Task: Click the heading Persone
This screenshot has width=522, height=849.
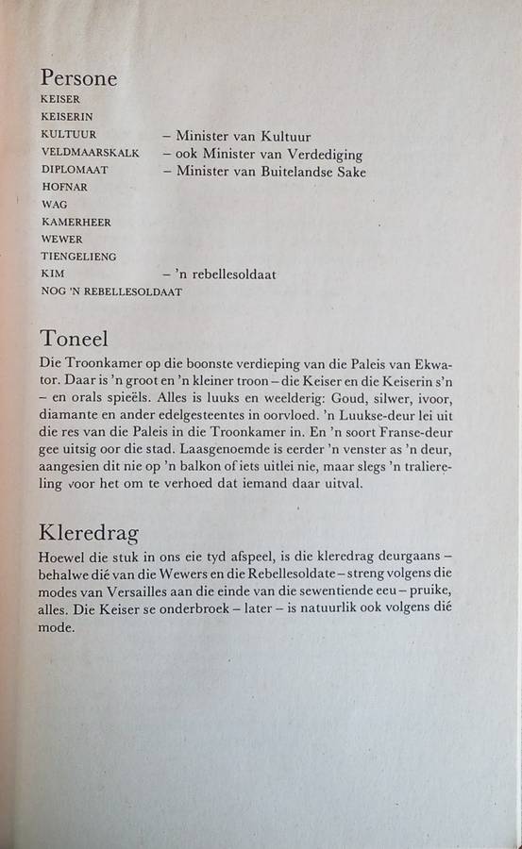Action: [78, 78]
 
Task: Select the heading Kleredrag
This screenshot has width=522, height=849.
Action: [89, 533]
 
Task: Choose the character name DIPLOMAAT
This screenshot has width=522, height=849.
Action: [75, 170]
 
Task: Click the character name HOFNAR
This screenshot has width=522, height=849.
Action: [64, 187]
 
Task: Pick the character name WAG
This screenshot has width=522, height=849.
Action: [54, 204]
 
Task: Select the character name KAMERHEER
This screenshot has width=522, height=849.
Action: [76, 222]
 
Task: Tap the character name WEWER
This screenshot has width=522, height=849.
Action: [61, 239]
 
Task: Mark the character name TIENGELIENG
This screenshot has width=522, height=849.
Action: [78, 257]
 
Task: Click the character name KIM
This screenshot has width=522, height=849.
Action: [51, 274]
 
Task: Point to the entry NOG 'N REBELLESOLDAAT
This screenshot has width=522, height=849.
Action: [111, 291]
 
